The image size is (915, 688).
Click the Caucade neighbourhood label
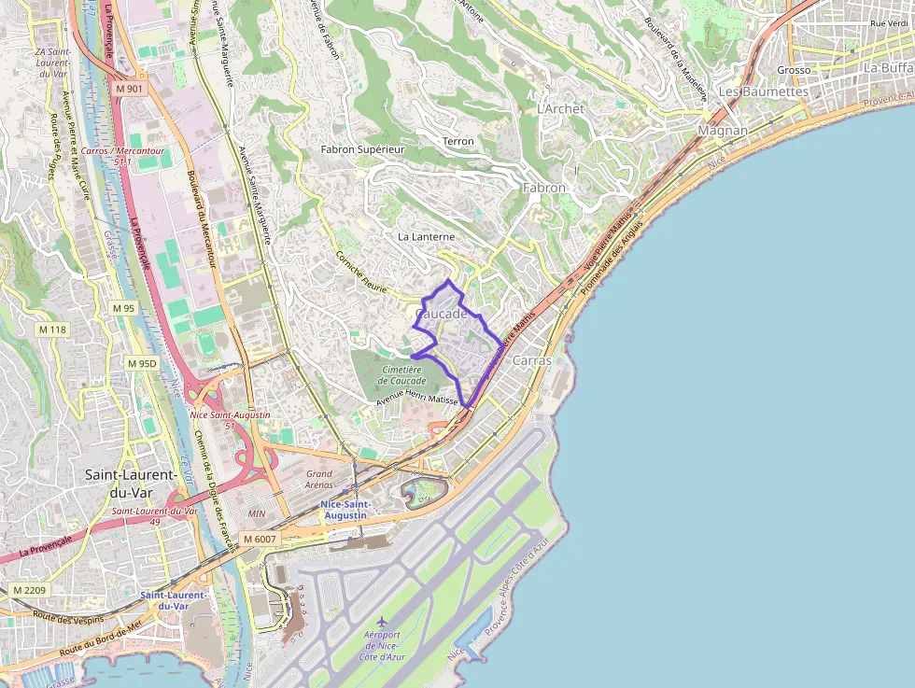click(441, 315)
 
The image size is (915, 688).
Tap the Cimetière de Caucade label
click(402, 375)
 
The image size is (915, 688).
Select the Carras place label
click(531, 360)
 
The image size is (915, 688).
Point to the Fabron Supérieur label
click(362, 149)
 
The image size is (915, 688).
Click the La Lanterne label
click(426, 237)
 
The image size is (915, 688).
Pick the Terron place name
click(458, 141)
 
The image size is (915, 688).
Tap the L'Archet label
click(560, 108)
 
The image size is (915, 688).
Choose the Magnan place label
click(723, 131)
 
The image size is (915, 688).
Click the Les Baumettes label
click(763, 91)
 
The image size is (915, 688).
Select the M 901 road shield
click(130, 88)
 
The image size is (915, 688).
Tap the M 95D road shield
click(142, 363)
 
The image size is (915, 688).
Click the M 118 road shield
click(53, 330)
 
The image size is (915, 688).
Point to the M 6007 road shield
click(260, 539)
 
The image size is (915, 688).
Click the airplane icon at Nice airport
click(381, 621)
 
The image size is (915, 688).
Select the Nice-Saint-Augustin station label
click(345, 509)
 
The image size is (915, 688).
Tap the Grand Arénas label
click(319, 480)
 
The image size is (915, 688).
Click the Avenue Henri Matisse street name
click(416, 400)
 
